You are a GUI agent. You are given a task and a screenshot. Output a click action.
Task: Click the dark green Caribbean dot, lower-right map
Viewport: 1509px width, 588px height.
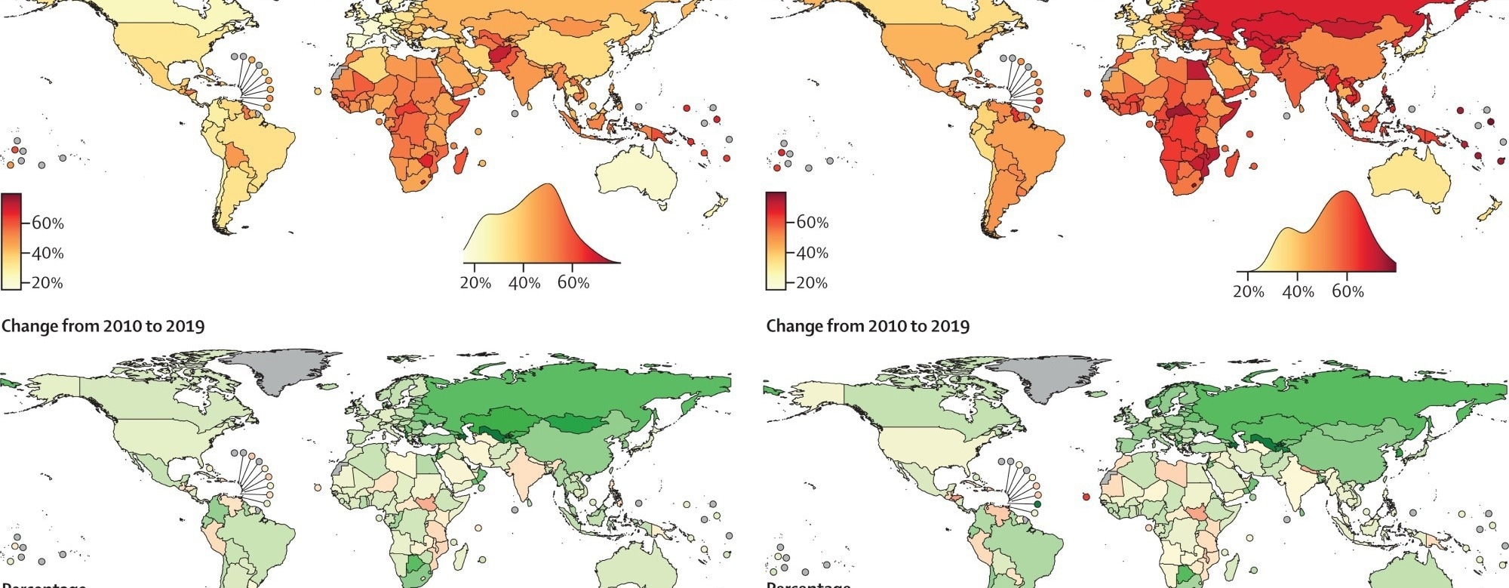click(1038, 503)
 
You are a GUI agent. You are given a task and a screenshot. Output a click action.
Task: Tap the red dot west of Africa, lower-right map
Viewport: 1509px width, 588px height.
click(1086, 496)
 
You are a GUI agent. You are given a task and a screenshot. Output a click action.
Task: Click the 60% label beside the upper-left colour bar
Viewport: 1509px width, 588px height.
click(48, 223)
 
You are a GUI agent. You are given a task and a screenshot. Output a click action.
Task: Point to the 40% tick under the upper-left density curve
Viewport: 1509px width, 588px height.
click(524, 283)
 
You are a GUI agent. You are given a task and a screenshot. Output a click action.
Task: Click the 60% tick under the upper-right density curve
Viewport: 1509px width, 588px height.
click(1348, 291)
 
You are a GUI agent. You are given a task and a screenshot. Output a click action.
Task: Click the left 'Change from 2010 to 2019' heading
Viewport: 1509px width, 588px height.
click(103, 326)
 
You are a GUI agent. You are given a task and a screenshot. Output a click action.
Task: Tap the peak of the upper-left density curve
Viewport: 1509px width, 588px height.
click(549, 185)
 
